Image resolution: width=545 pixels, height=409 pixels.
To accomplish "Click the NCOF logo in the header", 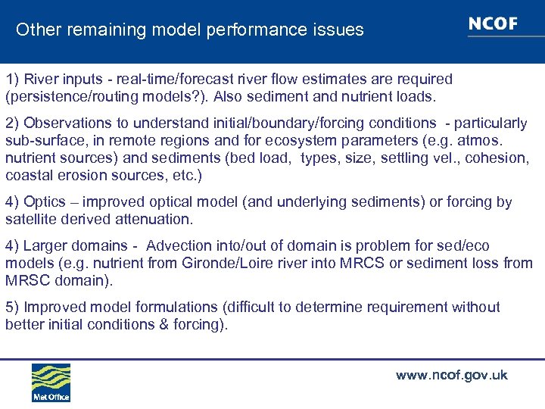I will (493, 23).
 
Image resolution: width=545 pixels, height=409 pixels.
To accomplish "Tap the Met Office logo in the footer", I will (51, 382).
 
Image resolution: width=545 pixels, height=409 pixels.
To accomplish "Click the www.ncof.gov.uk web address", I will (451, 375).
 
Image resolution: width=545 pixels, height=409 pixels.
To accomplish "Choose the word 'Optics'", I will (45, 201).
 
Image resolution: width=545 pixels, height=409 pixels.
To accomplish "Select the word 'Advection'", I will (180, 245).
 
